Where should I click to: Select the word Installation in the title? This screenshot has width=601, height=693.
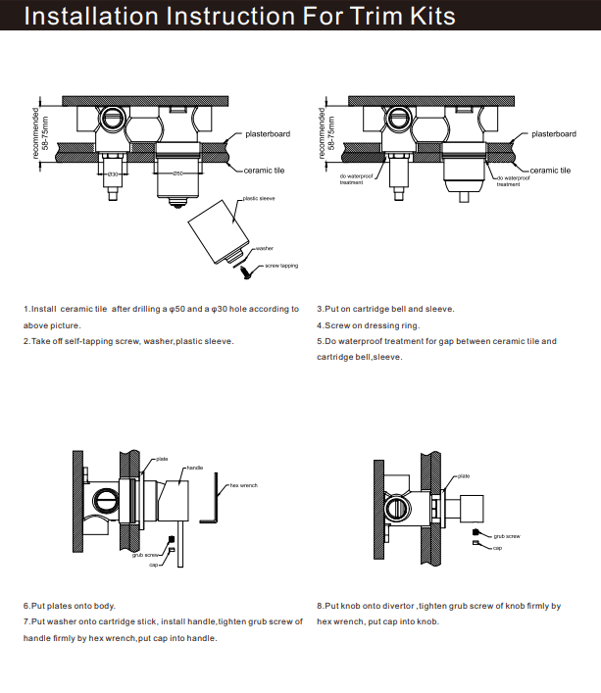(x=87, y=17)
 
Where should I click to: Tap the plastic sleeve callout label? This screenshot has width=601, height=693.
(x=259, y=199)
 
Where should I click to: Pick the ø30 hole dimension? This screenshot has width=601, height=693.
(x=112, y=173)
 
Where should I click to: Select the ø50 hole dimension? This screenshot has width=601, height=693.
(x=176, y=173)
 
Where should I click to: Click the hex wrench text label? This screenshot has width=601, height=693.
(x=243, y=485)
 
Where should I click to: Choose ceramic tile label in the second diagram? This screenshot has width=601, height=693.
(x=551, y=170)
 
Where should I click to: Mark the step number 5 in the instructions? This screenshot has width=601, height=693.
(x=320, y=341)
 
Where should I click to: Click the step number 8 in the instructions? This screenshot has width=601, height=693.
(x=320, y=606)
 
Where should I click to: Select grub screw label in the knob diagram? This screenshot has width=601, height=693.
(x=506, y=536)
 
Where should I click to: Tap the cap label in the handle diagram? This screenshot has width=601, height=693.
(x=153, y=566)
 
